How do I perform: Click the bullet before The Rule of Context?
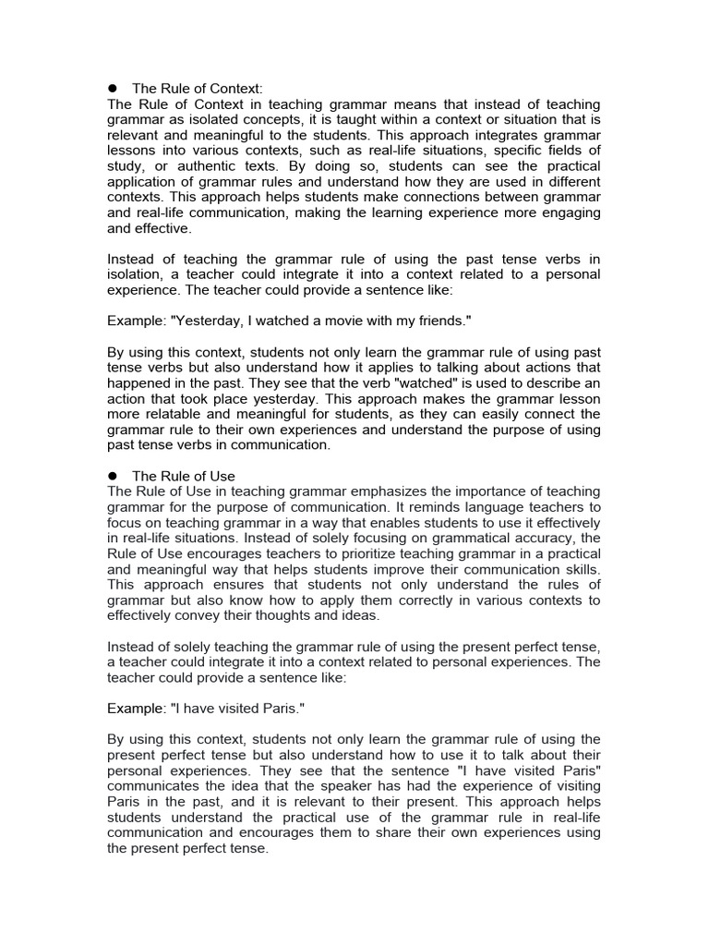[114, 88]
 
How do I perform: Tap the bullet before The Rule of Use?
[114, 476]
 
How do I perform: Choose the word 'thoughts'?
[282, 615]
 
